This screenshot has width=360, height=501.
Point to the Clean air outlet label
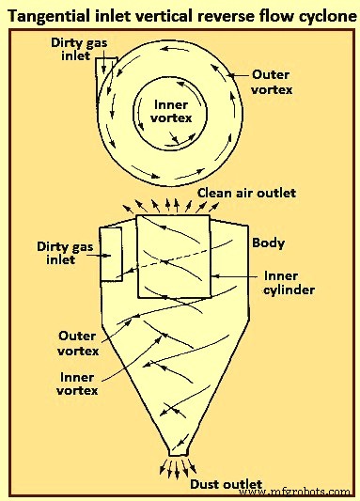(246, 193)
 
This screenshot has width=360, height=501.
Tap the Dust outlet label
(226, 484)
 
